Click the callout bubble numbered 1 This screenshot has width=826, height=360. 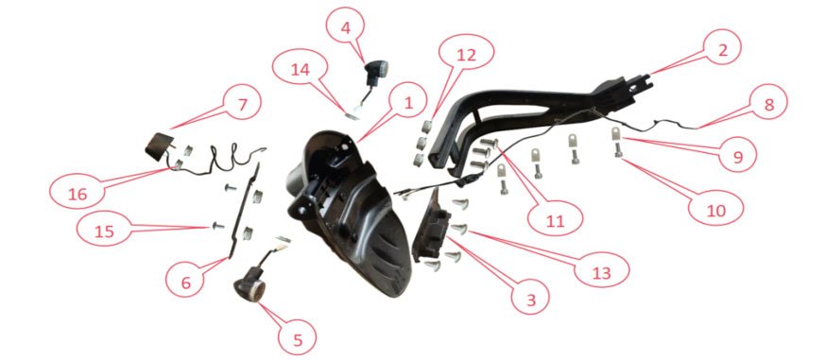pos(407,103)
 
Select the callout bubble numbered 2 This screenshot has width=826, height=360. pos(722,50)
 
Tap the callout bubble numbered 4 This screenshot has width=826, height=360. pos(345,27)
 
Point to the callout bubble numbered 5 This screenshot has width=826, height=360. pos(298,339)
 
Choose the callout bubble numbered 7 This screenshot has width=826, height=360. pos(242,105)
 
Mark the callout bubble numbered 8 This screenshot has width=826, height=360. pos(768,105)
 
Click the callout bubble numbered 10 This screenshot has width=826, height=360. pos(715,210)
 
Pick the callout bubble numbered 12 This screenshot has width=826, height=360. pos(466,55)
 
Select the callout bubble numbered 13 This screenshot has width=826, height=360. pos(602,273)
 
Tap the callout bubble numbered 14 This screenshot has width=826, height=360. pos(301,70)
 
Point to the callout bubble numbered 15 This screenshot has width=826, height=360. pos(104,231)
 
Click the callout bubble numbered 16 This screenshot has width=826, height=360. pos(77,194)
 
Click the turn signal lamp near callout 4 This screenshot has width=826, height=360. pos(376,74)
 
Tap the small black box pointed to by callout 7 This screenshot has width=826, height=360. pos(159,146)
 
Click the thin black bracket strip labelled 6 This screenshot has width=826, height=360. pos(243,211)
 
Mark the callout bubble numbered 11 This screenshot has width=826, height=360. pos(555,221)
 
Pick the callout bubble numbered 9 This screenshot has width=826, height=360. pos(737,156)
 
